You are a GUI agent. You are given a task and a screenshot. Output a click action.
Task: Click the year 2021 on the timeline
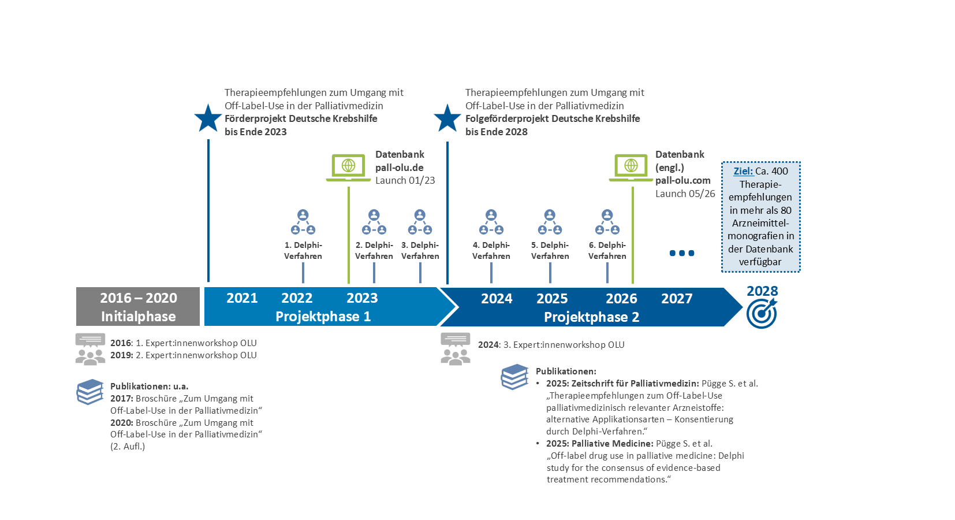(x=242, y=298)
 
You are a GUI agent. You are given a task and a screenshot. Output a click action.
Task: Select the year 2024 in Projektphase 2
(x=497, y=299)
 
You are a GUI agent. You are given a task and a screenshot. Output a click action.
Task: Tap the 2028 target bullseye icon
(x=762, y=314)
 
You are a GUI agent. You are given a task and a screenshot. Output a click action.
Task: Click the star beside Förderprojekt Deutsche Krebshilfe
(x=208, y=118)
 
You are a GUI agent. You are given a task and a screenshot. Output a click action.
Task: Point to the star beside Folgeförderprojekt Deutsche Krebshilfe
(x=447, y=118)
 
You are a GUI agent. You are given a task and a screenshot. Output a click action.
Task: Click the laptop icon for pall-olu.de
(x=348, y=168)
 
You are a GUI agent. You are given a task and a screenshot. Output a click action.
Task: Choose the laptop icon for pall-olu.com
(x=631, y=168)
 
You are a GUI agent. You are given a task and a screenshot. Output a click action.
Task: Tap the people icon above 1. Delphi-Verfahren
(x=303, y=222)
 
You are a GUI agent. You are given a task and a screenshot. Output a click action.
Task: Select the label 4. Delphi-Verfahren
(x=491, y=250)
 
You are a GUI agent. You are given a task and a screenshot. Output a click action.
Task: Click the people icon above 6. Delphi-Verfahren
(x=607, y=222)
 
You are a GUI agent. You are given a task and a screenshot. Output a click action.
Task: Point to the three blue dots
(x=682, y=254)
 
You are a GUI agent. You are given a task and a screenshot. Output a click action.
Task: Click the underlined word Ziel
(x=743, y=171)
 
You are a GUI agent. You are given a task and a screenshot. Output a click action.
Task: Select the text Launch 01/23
(x=405, y=180)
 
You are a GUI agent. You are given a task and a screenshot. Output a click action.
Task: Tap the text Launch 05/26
(x=685, y=194)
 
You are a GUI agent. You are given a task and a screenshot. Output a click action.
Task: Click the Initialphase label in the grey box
(x=138, y=317)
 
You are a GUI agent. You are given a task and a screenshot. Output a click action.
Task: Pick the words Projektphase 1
(x=323, y=317)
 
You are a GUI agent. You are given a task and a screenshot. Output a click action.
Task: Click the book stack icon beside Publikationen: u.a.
(x=90, y=392)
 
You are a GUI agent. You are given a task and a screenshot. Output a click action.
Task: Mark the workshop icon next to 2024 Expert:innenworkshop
(x=456, y=349)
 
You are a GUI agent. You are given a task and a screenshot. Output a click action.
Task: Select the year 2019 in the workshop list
(x=121, y=355)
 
